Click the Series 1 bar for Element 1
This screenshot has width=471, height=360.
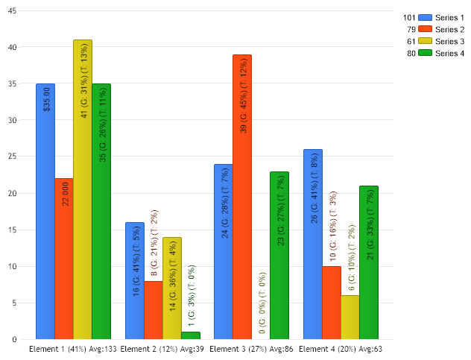[45, 224]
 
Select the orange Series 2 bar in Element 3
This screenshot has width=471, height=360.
[242, 224]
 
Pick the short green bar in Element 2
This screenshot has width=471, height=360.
[190, 335]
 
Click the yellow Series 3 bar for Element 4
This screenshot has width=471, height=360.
[350, 318]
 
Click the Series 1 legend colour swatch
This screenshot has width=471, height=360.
[426, 17]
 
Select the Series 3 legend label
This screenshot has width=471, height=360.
[449, 41]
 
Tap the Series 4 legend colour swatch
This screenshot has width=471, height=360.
[426, 53]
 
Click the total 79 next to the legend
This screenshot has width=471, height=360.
[411, 29]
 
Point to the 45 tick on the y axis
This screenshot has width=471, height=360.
[13, 11]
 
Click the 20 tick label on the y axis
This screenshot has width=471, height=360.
[13, 194]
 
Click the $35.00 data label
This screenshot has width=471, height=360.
[46, 99]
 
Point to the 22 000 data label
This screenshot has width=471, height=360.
[65, 192]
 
